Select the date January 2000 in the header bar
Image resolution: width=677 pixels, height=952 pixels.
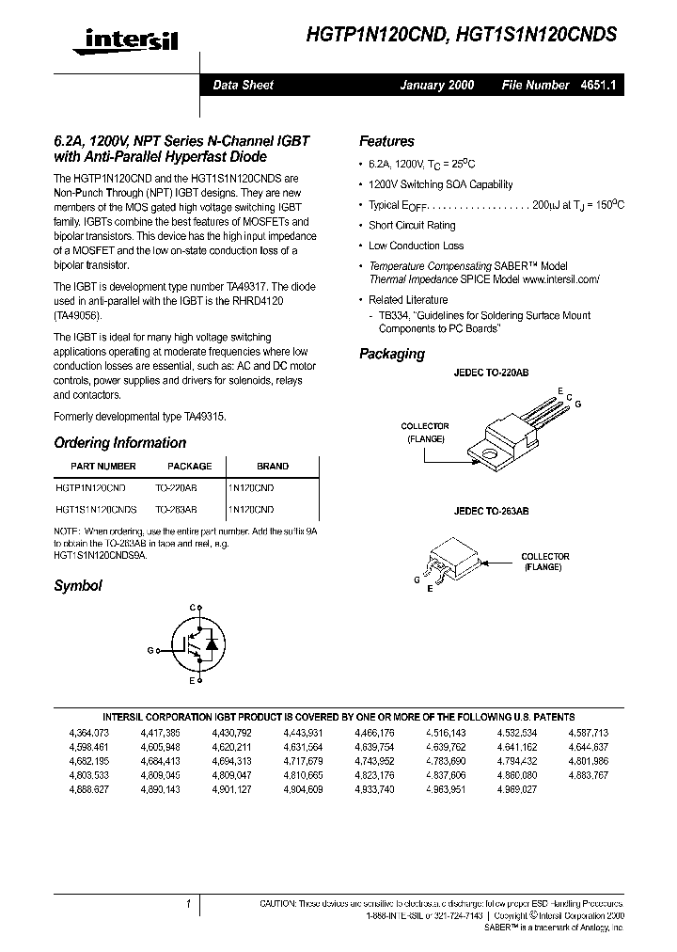(437, 85)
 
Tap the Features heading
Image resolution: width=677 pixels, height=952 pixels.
(386, 141)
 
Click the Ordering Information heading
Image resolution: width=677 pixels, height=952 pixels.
(119, 442)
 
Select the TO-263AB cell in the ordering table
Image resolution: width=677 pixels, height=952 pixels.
(176, 509)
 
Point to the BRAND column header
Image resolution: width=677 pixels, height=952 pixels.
(273, 466)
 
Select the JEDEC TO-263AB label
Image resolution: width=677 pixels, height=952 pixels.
(493, 511)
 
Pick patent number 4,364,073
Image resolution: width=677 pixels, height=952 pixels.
(89, 731)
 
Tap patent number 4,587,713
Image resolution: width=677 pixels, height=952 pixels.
(589, 731)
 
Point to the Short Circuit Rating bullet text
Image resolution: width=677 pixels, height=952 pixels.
(412, 226)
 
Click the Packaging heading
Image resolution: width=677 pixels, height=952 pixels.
(391, 354)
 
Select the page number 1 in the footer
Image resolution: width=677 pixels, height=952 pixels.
(189, 904)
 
